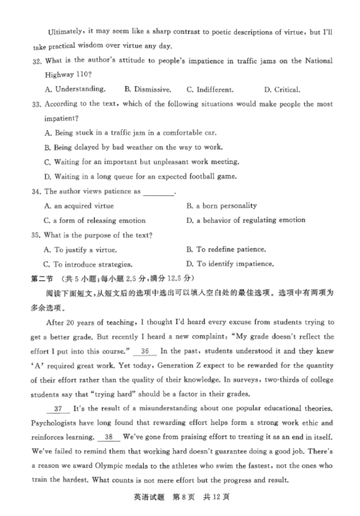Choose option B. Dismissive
148,89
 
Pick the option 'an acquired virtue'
79,206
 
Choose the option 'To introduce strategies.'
88,265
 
